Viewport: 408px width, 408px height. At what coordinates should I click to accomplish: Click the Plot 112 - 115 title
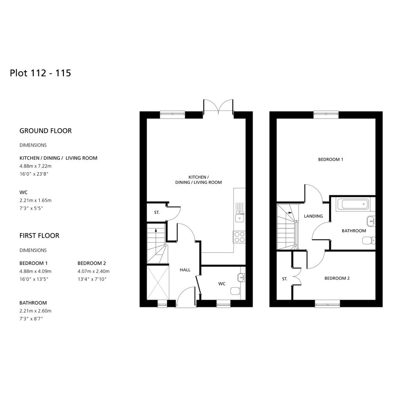click(40, 73)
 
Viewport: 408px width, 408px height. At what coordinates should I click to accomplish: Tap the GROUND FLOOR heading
click(45, 131)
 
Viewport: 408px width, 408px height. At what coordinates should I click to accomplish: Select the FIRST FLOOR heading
click(39, 236)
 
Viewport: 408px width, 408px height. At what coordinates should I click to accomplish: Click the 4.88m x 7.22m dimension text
click(35, 166)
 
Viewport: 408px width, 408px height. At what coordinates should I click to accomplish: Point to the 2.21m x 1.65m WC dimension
click(35, 200)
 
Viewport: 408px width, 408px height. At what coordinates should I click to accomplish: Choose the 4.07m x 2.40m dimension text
click(93, 271)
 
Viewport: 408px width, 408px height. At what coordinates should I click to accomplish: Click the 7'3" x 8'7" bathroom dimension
click(31, 319)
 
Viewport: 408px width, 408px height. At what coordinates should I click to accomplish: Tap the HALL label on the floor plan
click(185, 270)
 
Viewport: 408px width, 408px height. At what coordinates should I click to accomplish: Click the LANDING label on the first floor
click(313, 216)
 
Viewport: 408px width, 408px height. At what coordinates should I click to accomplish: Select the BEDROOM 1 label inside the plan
click(330, 159)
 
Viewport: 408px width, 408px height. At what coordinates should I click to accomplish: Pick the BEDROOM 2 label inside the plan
click(337, 278)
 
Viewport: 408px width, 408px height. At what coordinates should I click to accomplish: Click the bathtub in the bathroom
click(353, 205)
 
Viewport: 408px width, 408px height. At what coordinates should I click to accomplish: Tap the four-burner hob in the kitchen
click(239, 237)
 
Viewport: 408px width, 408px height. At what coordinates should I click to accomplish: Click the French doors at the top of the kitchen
click(218, 106)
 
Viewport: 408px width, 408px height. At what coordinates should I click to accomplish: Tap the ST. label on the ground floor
click(157, 212)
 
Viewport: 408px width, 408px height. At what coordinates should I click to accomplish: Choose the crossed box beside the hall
click(158, 283)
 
